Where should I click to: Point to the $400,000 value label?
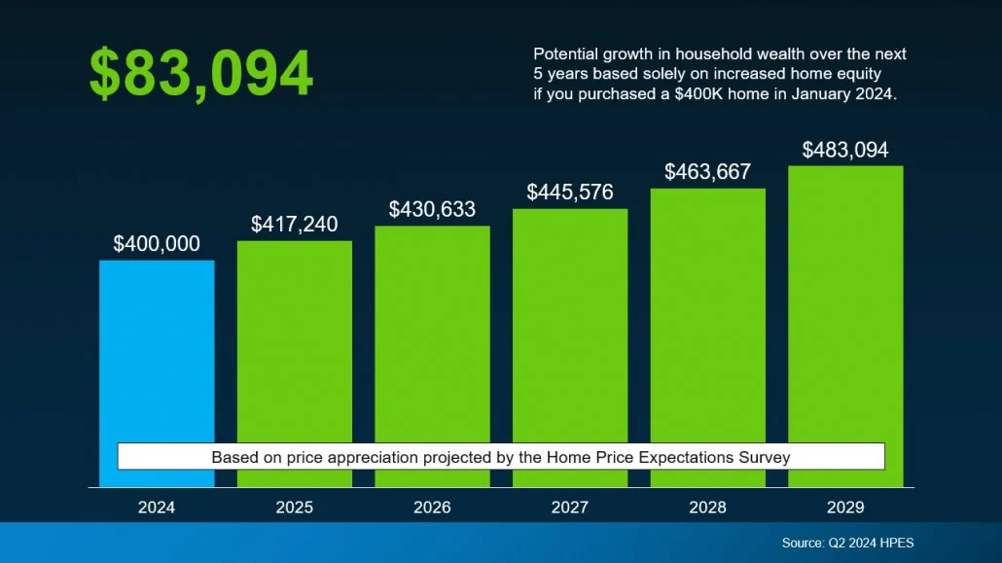pos(157,244)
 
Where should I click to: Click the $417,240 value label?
pos(295,225)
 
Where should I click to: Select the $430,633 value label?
pos(432,209)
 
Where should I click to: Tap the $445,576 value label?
pos(570,193)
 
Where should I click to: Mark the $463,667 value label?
pos(707,172)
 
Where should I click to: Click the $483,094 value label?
pos(845,150)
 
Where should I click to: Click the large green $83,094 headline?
pos(201,74)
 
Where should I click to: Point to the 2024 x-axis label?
pos(157,508)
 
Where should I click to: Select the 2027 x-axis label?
pos(570,508)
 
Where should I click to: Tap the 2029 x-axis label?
pos(845,508)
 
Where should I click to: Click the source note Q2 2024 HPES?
pos(847,543)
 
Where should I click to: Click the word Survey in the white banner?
pos(765,457)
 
